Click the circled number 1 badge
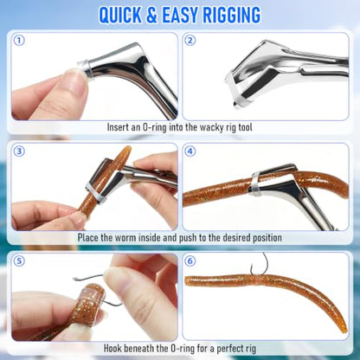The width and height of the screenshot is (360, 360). tap(19, 41)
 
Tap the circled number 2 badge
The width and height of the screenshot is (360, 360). tap(190, 41)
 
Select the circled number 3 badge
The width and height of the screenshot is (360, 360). tap(19, 151)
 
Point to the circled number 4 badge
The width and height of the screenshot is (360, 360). tap(190, 151)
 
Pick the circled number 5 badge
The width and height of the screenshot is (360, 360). tap(19, 261)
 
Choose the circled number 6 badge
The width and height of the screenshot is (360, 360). tap(190, 261)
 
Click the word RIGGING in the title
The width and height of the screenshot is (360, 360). tap(232, 15)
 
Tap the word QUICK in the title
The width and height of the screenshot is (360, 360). tap(120, 15)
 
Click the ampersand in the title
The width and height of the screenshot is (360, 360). tap(151, 15)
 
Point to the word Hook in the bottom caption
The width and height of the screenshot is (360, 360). tap(112, 348)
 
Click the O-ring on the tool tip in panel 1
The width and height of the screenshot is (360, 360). tap(85, 68)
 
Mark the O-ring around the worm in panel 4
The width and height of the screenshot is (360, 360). tap(255, 183)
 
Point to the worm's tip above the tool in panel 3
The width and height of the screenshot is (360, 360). tap(126, 149)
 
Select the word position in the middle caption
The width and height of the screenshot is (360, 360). tap(267, 238)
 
